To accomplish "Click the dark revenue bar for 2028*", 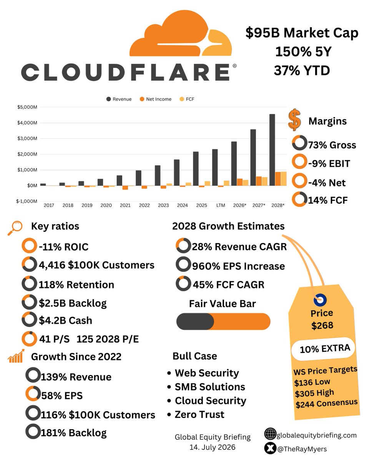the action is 272,150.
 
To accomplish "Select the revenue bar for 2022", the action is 138,178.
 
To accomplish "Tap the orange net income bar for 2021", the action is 125,187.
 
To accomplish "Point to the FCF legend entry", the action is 187,99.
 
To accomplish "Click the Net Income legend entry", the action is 155,99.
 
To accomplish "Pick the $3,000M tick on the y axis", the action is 27,138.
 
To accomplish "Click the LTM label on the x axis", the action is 221,205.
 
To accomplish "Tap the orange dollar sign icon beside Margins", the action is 294,119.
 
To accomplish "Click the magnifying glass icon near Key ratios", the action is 15,228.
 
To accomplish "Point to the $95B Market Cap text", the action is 302,33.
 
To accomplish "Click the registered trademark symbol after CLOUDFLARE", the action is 234,66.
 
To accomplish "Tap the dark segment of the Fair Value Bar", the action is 195,322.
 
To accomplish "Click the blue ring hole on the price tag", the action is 320,300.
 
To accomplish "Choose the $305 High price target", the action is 314,393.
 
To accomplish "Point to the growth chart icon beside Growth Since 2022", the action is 16,356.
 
